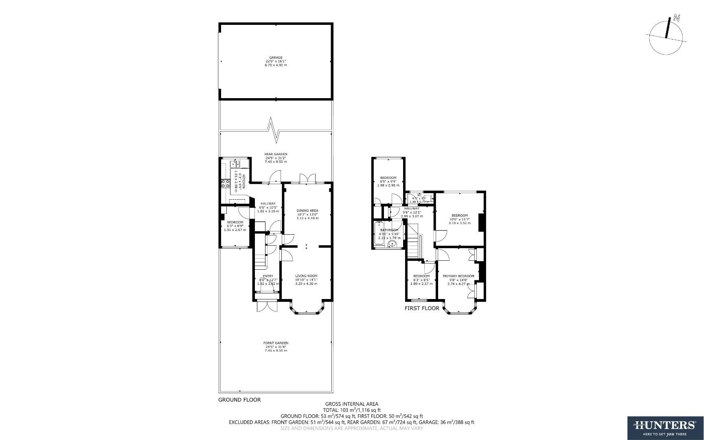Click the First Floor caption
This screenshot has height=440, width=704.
point(422,308)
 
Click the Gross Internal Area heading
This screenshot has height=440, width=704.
point(351,404)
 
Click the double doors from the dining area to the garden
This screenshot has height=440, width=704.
point(307,179)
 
